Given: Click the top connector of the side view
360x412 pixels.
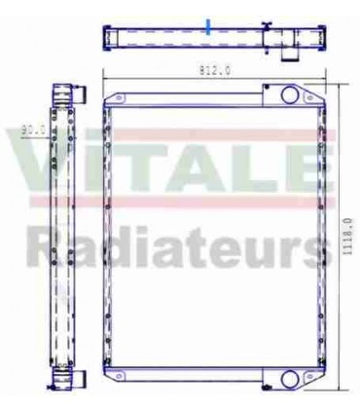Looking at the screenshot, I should coord(65,96).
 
